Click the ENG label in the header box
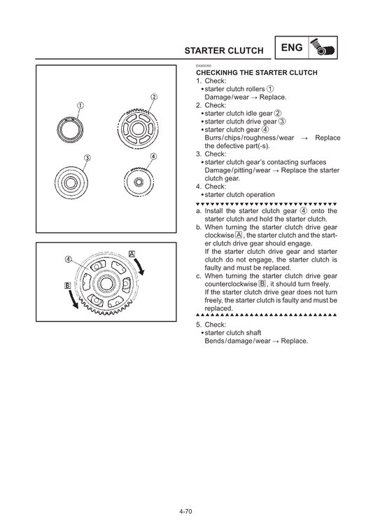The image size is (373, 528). [292, 48]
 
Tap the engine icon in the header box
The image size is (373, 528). [323, 48]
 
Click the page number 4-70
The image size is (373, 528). [185, 511]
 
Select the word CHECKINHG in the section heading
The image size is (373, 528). [217, 73]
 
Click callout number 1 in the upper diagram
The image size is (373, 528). [80, 105]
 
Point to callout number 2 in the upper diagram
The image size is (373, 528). [153, 97]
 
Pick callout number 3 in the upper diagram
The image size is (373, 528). [87, 158]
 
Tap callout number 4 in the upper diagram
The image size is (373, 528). [153, 156]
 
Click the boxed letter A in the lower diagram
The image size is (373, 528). [132, 254]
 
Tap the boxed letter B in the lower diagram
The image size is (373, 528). [68, 285]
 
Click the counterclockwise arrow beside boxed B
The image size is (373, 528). [73, 299]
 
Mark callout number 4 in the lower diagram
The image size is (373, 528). [68, 259]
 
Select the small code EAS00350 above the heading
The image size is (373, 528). [204, 66]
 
